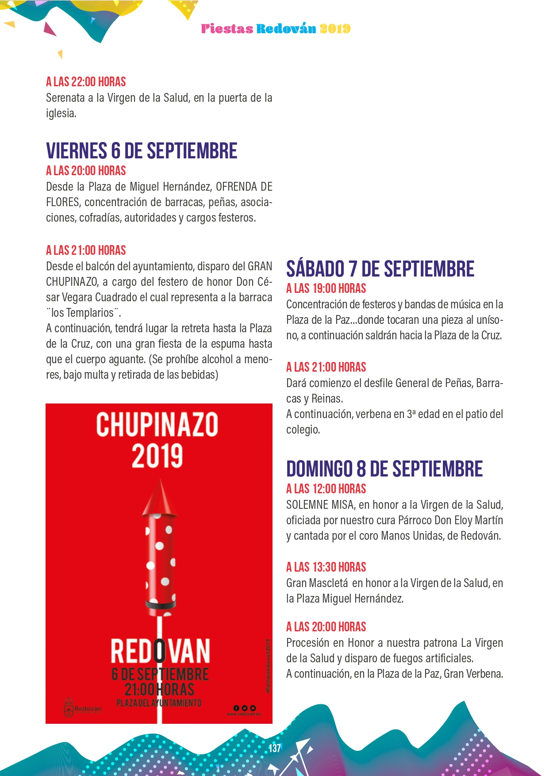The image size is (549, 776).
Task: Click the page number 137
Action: [275, 748]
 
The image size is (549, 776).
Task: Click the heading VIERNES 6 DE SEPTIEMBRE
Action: [142, 151]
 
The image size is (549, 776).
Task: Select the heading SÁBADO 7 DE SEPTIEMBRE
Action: [380, 269]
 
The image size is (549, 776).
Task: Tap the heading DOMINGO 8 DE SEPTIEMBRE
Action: [384, 469]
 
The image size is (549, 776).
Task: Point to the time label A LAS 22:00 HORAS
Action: [86, 82]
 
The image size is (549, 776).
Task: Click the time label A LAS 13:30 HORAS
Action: [326, 567]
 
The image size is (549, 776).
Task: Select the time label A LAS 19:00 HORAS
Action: [326, 288]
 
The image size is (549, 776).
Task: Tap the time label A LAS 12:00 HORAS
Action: [326, 489]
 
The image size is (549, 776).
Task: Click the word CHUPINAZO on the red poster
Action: [157, 425]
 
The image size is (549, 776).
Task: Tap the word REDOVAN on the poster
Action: [160, 651]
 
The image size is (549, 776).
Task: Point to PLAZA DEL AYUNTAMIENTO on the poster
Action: [159, 703]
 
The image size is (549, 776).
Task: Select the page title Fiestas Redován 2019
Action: [276, 29]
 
